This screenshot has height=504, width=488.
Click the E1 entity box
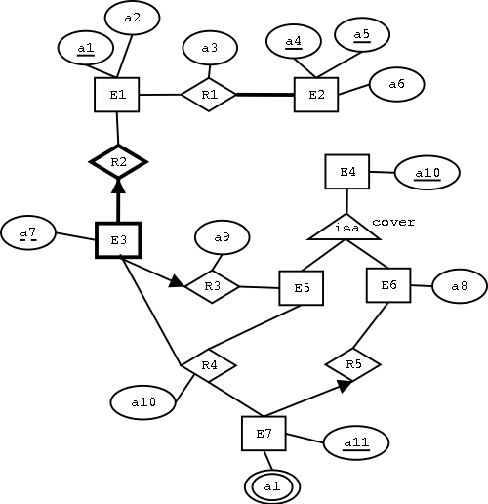click(x=117, y=95)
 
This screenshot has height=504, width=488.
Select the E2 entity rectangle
click(x=315, y=95)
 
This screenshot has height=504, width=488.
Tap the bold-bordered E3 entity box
click(x=118, y=239)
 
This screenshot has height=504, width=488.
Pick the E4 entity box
click(x=347, y=173)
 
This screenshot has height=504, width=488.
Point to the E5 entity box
click(x=302, y=288)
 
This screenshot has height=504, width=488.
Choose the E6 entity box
click(x=388, y=284)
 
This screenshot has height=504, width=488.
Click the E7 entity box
click(x=264, y=433)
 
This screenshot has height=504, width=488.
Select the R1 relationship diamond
click(x=209, y=95)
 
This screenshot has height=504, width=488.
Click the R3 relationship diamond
click(x=212, y=286)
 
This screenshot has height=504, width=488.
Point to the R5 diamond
click(x=352, y=364)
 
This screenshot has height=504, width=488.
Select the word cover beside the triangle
click(x=393, y=222)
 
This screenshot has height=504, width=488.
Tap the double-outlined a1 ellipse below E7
click(x=272, y=484)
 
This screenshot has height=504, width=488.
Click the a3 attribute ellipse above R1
click(x=209, y=48)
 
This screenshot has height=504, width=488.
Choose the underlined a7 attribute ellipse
click(x=28, y=233)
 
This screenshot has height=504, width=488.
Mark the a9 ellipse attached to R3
click(x=222, y=237)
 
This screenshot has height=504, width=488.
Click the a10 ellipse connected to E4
click(x=427, y=174)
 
